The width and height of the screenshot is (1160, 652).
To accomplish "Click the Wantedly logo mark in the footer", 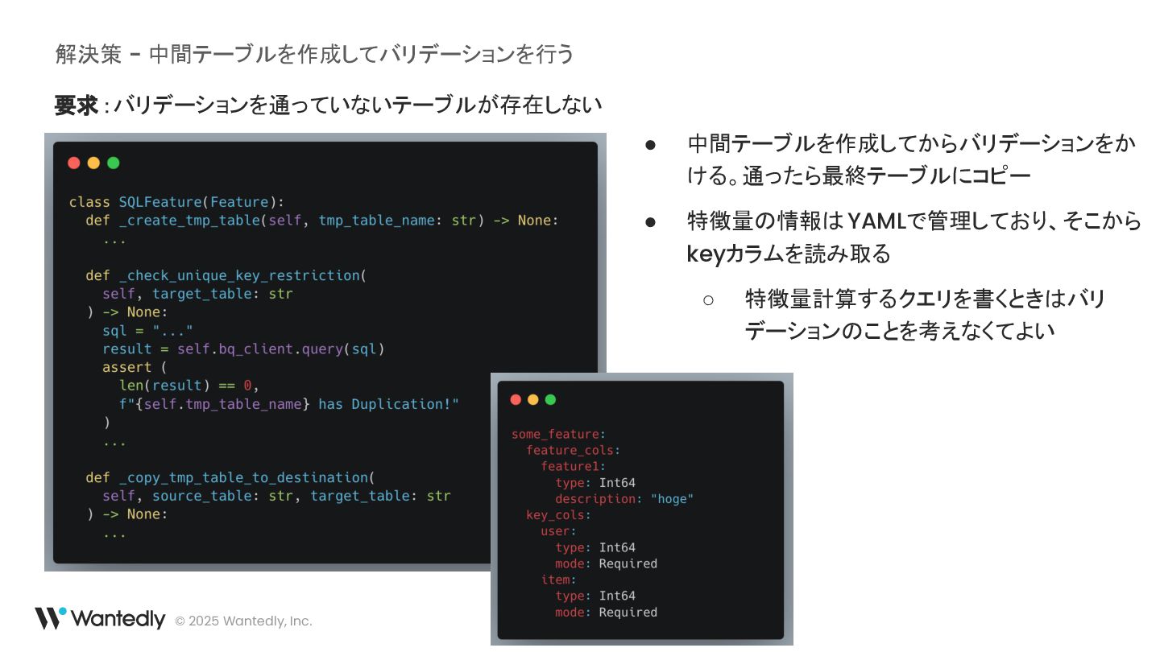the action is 50,618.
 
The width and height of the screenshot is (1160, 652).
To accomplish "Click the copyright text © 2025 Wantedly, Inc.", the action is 243,621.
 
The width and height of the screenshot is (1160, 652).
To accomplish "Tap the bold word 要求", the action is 77,105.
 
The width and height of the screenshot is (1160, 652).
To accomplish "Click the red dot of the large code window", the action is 74,163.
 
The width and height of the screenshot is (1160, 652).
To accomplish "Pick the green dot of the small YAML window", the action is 550,400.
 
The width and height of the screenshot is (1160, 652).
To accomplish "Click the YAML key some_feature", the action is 556,435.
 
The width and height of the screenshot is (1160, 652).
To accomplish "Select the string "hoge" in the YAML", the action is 672,499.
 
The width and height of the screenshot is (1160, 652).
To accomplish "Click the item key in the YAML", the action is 556,580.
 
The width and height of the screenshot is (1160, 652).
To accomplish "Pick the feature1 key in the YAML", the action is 570,467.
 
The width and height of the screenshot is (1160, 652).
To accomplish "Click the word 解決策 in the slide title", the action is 88,54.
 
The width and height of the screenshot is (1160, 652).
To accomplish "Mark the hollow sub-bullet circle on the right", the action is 709,300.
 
